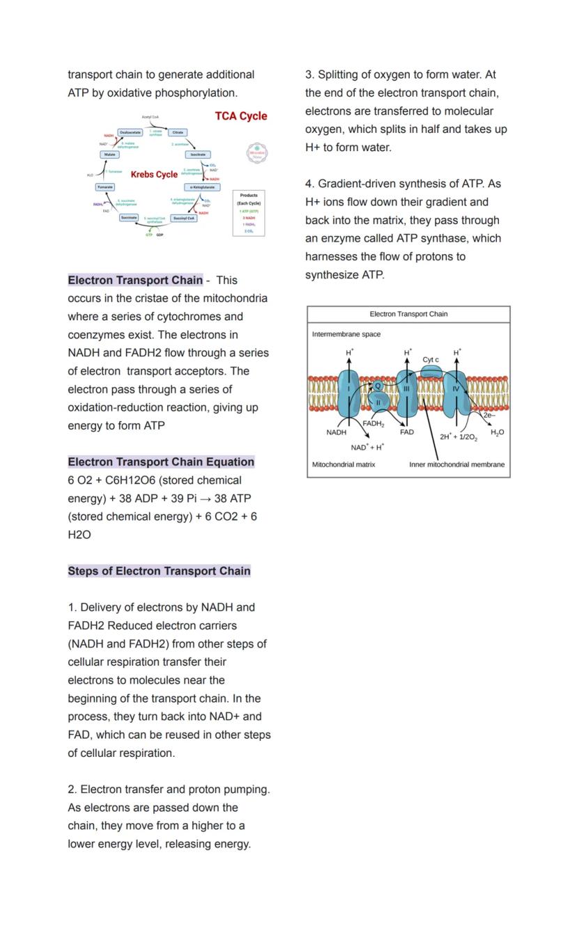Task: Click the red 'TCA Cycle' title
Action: pos(240,116)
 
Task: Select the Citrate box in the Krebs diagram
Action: pos(178,132)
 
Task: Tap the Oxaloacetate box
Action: pos(130,132)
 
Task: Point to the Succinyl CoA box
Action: pos(184,218)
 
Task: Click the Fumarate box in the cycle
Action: pos(105,187)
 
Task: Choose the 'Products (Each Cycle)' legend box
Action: pos(249,213)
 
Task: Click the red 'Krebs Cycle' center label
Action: pos(154,174)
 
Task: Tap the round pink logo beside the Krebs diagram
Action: pos(257,152)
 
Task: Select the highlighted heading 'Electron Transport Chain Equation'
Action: pos(161,462)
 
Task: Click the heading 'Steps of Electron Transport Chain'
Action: pos(159,571)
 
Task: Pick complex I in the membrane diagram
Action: pos(348,395)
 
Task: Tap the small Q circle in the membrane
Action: pos(378,386)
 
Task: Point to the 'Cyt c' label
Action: pos(431,360)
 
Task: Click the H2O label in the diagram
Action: pos(497,433)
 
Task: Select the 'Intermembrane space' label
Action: pos(346,334)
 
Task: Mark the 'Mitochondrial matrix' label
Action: pos(344,464)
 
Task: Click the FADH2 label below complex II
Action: pos(374,423)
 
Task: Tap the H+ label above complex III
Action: pos(408,353)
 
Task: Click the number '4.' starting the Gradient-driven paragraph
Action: pos(309,184)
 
